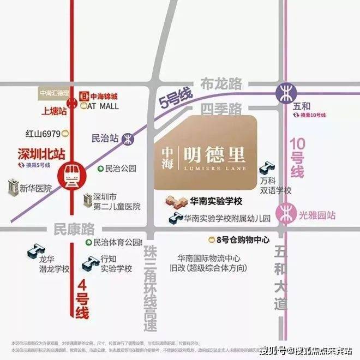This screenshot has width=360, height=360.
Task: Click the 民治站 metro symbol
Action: (128, 139)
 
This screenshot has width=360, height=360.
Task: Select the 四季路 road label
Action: (221, 110)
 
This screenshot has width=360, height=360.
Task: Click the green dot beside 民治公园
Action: (100, 169)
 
